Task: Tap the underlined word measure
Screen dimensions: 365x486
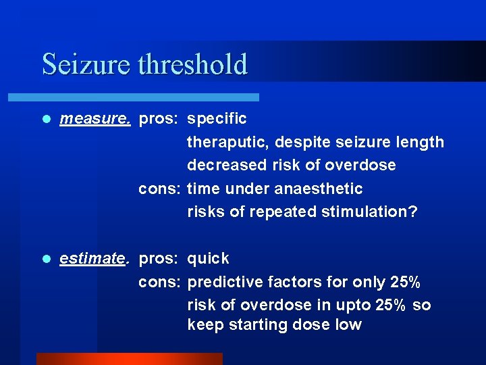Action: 94,119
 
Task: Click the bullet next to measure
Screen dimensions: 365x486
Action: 46,119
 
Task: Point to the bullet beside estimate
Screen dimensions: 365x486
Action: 46,259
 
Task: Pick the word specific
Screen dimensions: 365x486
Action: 217,119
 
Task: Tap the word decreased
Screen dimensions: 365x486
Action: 221,165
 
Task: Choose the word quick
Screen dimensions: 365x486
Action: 208,259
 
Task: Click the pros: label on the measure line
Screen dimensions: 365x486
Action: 159,119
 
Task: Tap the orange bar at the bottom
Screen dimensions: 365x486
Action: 129,358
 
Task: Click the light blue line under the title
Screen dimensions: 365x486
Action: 149,97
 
